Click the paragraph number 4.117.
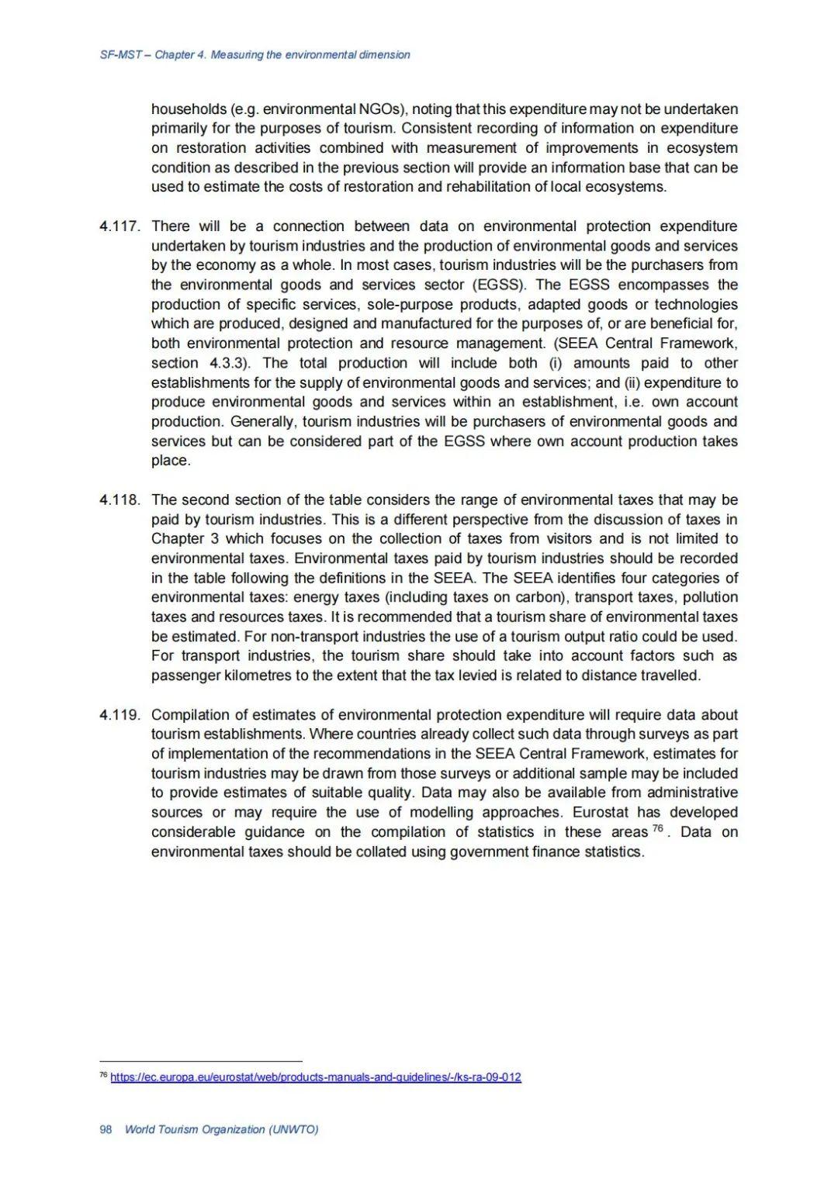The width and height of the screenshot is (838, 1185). coord(119,226)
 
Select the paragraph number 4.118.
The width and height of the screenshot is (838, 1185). coord(119,500)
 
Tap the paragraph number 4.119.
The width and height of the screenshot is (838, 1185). coord(119,715)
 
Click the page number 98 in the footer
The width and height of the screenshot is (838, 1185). coord(106,1129)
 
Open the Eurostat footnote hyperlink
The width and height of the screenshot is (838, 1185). coord(316,1077)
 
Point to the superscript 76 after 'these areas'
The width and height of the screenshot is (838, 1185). coord(659,829)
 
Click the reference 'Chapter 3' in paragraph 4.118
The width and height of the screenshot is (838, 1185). coord(185,539)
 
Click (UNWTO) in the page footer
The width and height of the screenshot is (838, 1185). coord(293,1129)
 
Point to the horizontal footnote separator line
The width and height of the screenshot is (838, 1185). coord(201,1061)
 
